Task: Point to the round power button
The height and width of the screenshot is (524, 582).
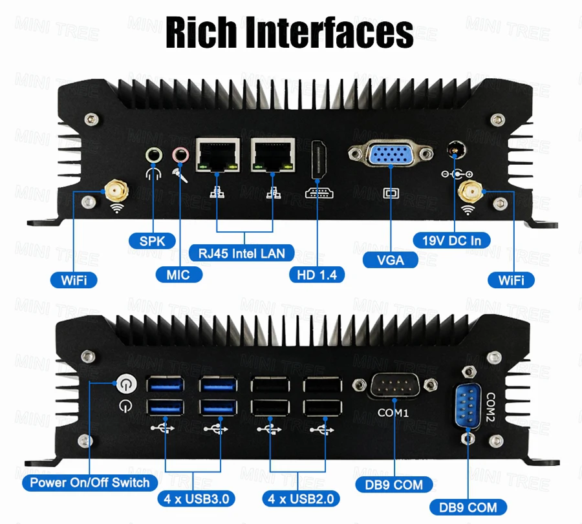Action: [x=125, y=386]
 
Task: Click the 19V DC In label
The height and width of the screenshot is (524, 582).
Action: [x=451, y=241]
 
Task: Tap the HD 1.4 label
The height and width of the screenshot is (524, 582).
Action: [x=317, y=274]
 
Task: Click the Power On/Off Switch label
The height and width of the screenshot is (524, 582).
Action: [x=90, y=482]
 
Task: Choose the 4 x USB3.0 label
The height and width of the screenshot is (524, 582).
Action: [x=196, y=498]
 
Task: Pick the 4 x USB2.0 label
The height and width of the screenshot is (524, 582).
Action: [x=301, y=498]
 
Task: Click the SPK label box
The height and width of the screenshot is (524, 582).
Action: [x=152, y=241]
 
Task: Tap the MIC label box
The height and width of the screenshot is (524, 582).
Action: [x=178, y=275]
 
